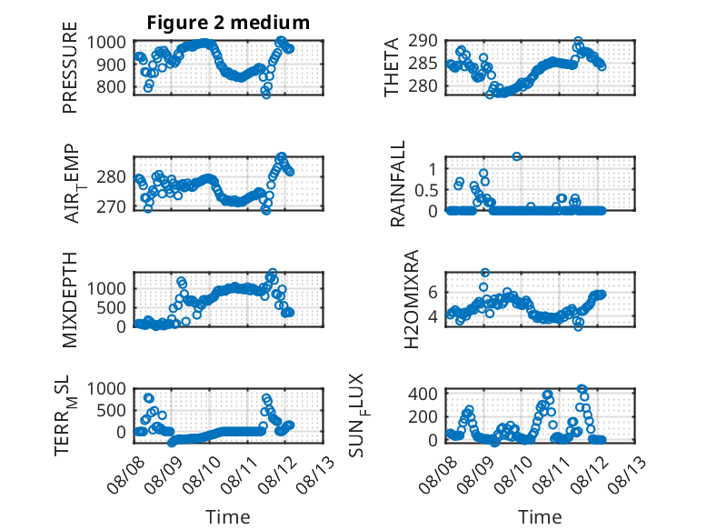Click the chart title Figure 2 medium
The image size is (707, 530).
coord(228,23)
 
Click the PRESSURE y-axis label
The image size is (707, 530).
coord(70,67)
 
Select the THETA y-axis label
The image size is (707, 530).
coord(392,67)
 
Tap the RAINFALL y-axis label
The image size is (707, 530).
coord(398,184)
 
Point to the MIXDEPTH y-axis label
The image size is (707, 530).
coord(70,300)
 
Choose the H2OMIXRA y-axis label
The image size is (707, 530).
coord(412,299)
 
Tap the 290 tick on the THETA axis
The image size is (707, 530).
coord(423,41)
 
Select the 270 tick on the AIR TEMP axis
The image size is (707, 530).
coord(111,206)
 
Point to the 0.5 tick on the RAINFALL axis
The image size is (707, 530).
coord(426,190)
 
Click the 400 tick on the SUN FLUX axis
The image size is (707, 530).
coord(423,394)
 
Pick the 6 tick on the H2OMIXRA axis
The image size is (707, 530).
coord(433,293)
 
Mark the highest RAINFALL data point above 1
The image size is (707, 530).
coord(517,156)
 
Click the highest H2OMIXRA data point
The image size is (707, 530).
coord(485,273)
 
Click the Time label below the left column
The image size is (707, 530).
coord(228,516)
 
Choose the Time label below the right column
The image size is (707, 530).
coord(540,516)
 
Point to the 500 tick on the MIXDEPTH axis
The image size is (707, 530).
coord(111,307)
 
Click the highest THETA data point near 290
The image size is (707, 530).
coord(579,41)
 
